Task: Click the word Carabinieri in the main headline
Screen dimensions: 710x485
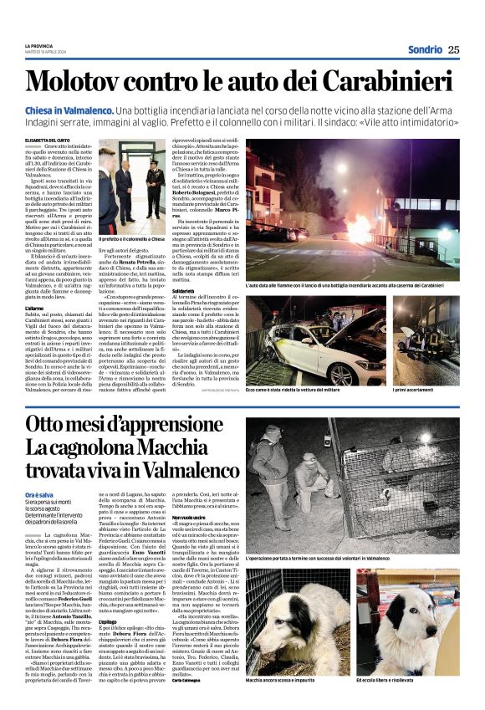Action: pos(392,81)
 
